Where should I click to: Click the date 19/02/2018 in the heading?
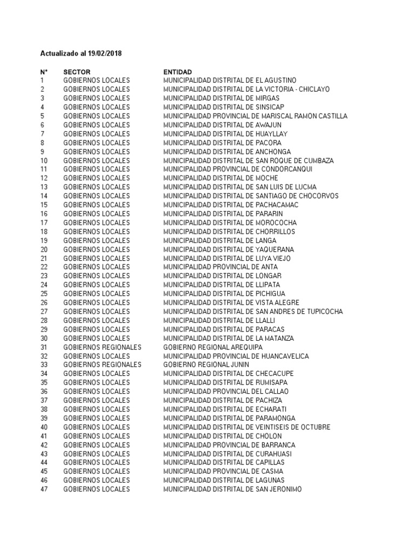[x=104, y=54]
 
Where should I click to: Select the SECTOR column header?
[x=77, y=72]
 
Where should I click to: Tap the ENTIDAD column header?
[x=177, y=72]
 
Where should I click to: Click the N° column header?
[x=44, y=72]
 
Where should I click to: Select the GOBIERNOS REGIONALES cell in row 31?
[x=102, y=347]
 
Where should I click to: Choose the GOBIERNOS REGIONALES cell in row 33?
[x=102, y=365]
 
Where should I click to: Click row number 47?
[x=44, y=489]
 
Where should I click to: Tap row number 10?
[x=44, y=161]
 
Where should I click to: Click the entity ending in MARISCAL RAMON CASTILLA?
[x=255, y=116]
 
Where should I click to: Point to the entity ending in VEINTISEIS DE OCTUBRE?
[x=246, y=427]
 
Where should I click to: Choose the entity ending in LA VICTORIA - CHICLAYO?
[x=246, y=89]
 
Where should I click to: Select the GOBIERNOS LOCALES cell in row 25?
[x=97, y=294]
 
